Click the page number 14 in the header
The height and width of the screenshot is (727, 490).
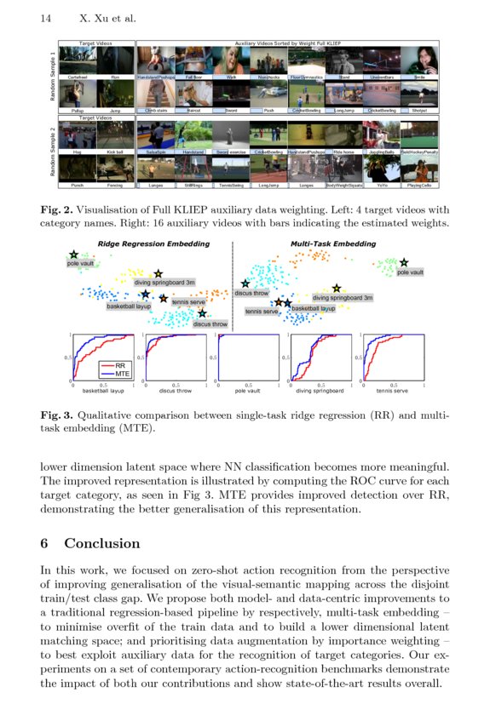45,18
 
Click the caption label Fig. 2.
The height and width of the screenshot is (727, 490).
56,207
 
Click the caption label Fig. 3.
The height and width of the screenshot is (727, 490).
56,415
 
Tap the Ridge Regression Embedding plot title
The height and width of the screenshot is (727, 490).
153,244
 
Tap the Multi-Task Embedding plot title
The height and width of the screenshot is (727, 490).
333,244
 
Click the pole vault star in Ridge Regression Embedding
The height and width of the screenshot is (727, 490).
74,255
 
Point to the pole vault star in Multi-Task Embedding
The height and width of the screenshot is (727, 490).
403,263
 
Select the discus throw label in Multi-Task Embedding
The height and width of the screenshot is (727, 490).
251,293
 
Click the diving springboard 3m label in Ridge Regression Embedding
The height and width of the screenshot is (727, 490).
164,282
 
